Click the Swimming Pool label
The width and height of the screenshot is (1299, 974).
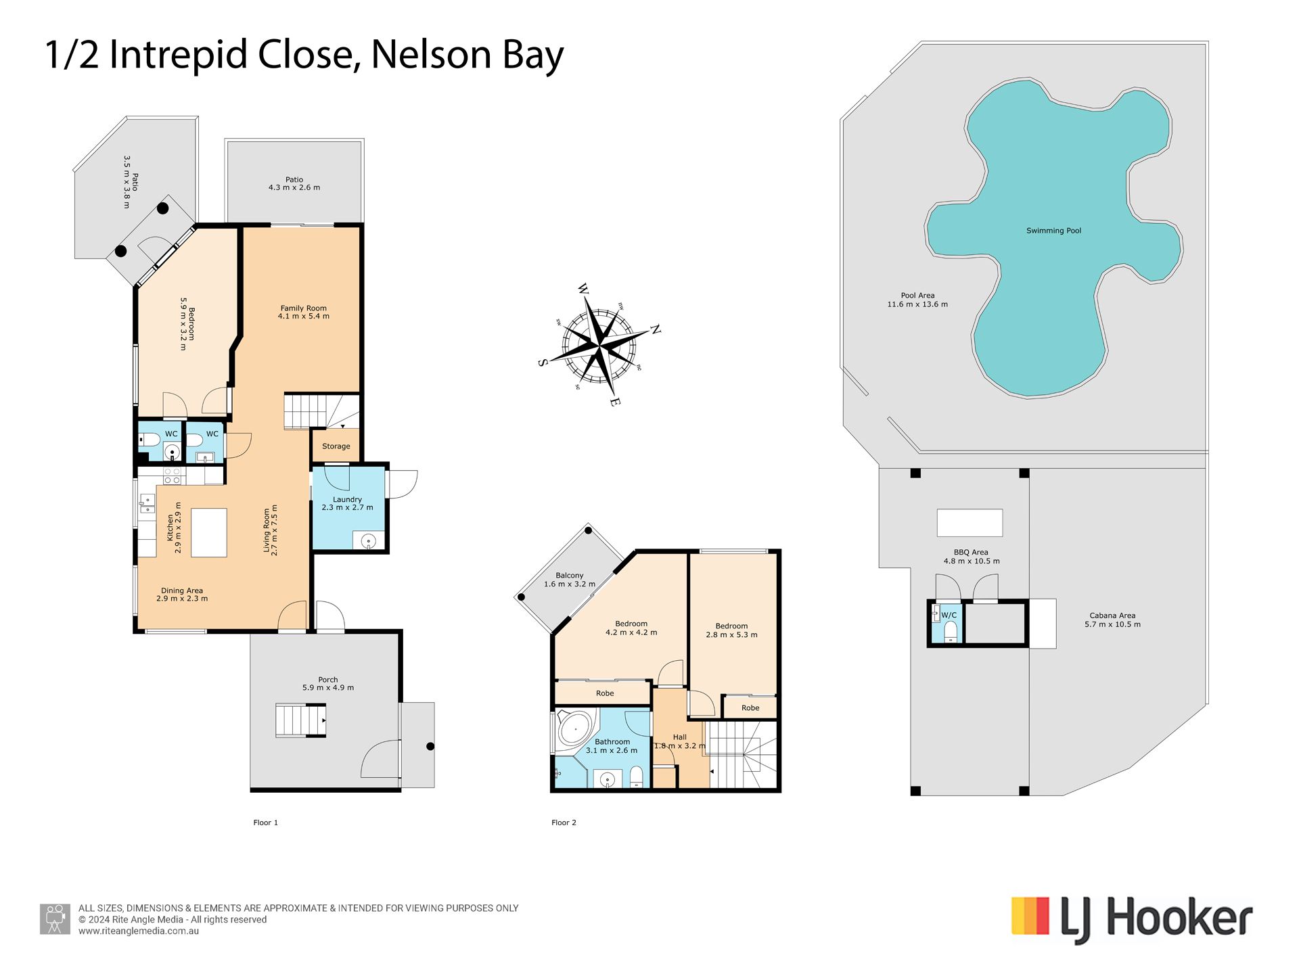point(1053,231)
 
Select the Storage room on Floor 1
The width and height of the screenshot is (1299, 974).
point(336,446)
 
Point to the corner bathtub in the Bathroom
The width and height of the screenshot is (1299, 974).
point(574,730)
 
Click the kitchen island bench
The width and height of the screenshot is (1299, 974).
point(209,533)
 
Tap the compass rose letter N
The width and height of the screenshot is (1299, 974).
point(655,329)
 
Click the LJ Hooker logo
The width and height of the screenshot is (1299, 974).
point(1132,920)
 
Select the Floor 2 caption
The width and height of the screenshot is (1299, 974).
point(564,822)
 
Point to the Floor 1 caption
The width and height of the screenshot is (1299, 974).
point(265,822)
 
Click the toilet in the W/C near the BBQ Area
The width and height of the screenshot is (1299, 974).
point(951,632)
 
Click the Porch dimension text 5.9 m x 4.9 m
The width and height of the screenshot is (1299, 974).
point(328,688)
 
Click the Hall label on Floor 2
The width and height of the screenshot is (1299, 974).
point(680,737)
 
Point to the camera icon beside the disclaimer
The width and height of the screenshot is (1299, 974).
point(55,919)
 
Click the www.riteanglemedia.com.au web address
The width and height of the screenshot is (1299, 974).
point(139,931)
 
